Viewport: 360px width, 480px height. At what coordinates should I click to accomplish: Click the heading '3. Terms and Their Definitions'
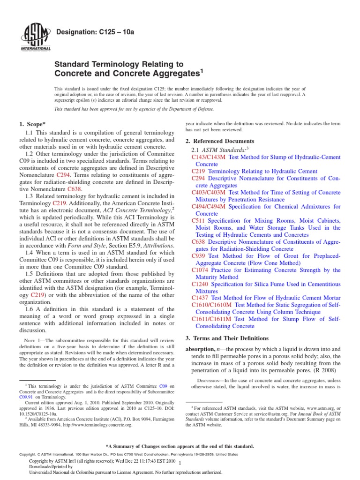pos(227,338)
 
